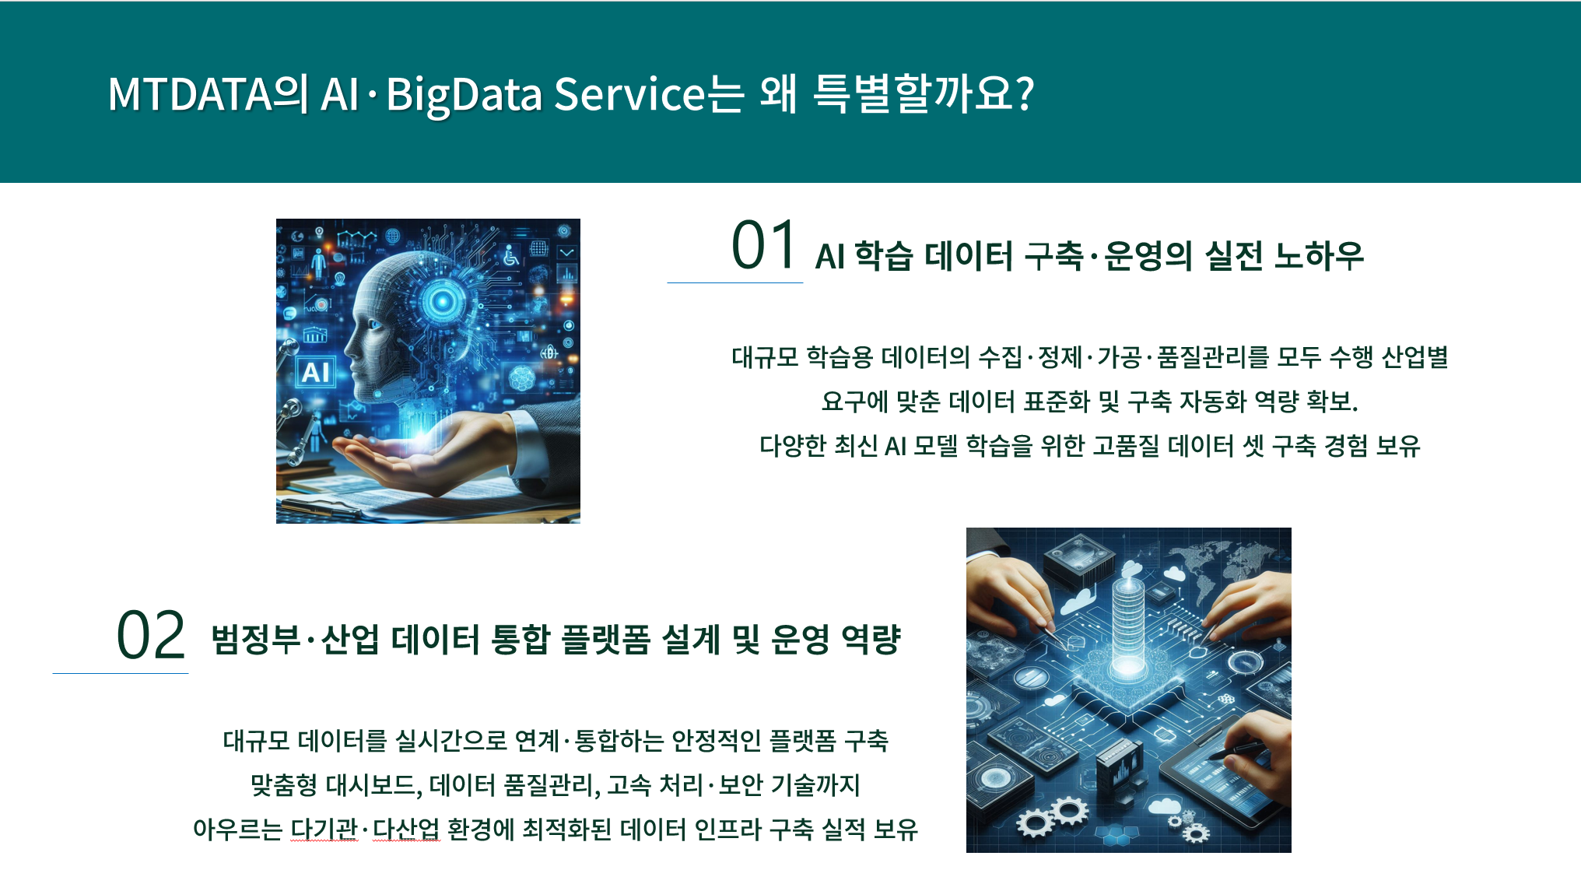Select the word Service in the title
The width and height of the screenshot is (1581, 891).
(629, 94)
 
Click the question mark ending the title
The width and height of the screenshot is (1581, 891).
(1025, 93)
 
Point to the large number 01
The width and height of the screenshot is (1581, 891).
(763, 245)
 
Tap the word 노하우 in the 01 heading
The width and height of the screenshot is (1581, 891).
(1319, 255)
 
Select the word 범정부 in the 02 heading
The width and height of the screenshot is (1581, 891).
(256, 640)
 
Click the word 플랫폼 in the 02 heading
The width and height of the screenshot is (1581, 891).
(605, 640)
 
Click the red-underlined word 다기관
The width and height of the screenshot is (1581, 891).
(324, 829)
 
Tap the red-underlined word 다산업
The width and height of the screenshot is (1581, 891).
(406, 829)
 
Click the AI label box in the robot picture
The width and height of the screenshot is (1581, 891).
(315, 372)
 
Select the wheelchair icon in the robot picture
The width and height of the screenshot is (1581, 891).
(510, 254)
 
